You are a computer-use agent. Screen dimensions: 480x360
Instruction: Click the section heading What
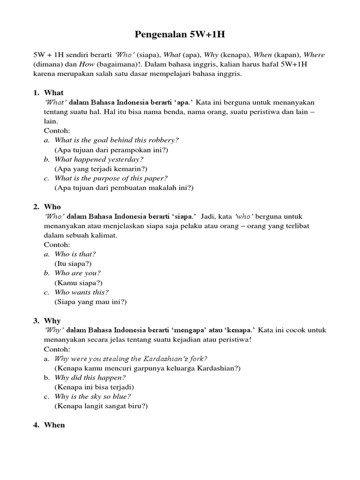pos(53,92)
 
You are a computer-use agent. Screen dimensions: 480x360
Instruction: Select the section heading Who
pos(52,206)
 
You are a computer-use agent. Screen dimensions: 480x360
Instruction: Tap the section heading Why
pos(52,321)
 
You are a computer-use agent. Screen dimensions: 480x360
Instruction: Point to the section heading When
pos(54,425)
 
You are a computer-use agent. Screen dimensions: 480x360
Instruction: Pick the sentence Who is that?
pos(75,254)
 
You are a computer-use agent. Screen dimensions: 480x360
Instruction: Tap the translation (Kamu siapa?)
pos(78,283)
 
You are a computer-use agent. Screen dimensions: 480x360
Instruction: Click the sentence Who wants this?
pos(82,292)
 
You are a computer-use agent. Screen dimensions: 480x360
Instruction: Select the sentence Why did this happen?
pos(90,378)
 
